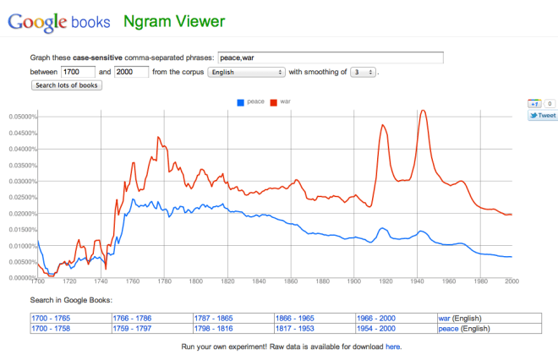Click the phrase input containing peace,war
[x=330, y=58]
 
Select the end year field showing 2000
[x=131, y=72]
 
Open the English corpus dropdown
[x=245, y=72]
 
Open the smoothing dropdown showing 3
[x=363, y=72]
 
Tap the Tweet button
[x=542, y=116]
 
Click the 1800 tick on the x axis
[x=195, y=281]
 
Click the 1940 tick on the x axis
[x=417, y=281]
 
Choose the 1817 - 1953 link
[x=295, y=328]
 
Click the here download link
[x=393, y=346]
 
